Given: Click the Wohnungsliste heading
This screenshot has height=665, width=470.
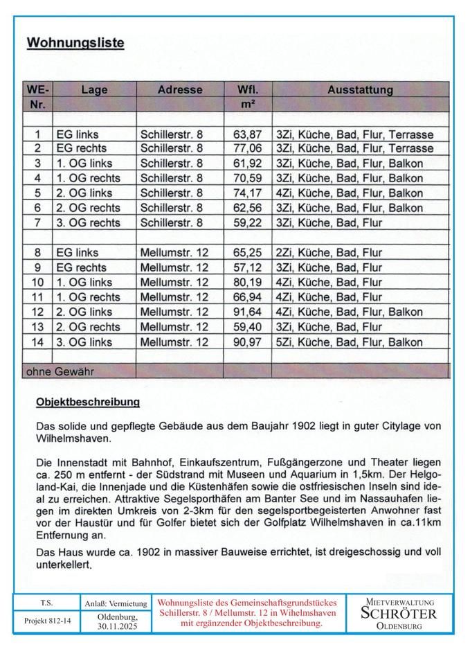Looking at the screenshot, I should click(x=75, y=43).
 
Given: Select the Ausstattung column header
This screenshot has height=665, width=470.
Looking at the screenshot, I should click(x=360, y=89).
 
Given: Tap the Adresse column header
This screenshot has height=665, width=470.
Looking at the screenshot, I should click(x=180, y=89).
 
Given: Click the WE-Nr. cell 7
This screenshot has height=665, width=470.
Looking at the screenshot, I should click(x=38, y=222).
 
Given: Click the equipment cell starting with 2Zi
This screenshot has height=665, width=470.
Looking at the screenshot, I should click(x=328, y=253).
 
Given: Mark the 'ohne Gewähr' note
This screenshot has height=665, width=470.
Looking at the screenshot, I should click(x=60, y=371).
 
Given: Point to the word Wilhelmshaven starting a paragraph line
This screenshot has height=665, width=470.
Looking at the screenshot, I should click(x=69, y=438).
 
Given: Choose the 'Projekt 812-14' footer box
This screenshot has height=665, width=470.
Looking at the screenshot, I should click(x=46, y=621).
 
